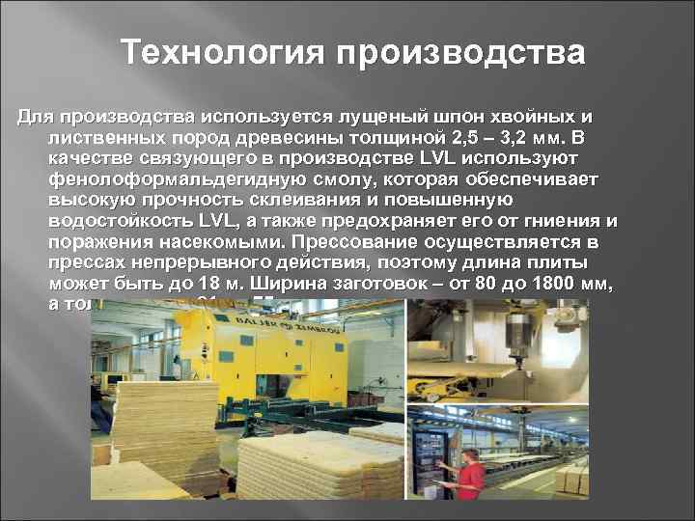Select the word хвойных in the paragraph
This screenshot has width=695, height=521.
point(537,117)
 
